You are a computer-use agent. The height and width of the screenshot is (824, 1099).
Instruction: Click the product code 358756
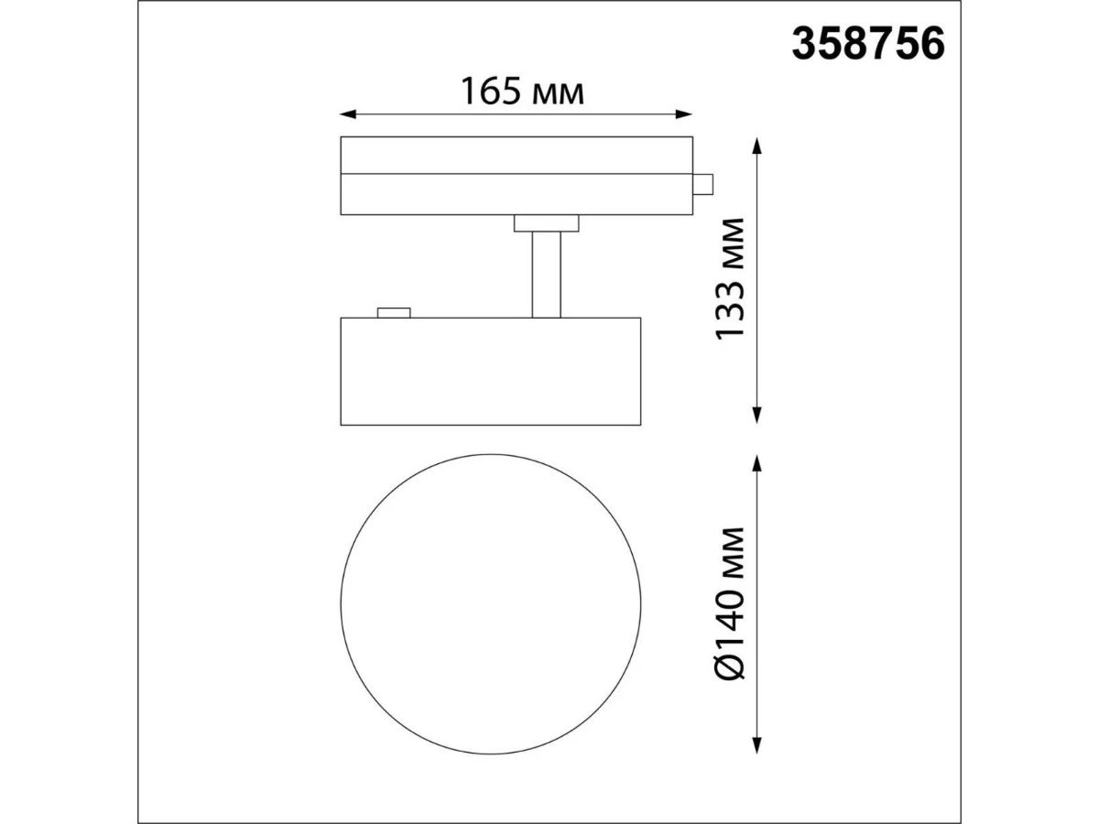[x=867, y=44]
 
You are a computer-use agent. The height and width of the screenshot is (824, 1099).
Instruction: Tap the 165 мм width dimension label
[x=522, y=92]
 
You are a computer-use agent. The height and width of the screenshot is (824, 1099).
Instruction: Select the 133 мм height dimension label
[x=730, y=279]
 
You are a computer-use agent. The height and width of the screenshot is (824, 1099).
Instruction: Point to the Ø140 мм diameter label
[x=730, y=603]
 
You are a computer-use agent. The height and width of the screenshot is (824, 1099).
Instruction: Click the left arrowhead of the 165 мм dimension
[x=347, y=114]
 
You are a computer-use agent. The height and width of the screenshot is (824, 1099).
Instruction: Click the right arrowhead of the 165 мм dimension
[x=684, y=114]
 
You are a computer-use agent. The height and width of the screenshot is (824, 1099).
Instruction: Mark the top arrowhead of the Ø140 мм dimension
[x=757, y=463]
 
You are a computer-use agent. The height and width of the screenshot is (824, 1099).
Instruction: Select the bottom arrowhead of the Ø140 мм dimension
[x=757, y=759]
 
